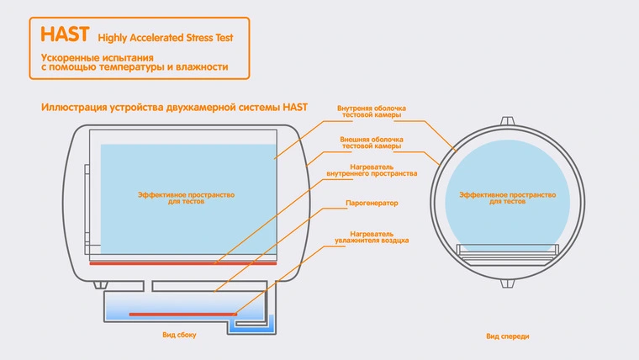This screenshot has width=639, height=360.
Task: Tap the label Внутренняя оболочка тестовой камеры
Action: tap(372, 111)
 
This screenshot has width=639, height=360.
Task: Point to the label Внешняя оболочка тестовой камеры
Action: tap(372, 141)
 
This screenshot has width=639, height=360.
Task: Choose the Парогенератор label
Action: tap(371, 204)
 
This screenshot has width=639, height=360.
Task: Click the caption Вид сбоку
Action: tap(179, 335)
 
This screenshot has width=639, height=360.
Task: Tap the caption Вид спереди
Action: tap(507, 336)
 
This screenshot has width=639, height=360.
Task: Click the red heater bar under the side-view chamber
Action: tap(183, 263)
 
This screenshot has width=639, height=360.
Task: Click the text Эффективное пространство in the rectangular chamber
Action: tap(187, 194)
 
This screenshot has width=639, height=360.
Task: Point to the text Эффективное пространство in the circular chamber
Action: tap(507, 194)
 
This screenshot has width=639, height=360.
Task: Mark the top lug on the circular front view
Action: tap(507, 120)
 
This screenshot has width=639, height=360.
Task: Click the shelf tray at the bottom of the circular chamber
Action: tap(507, 251)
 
